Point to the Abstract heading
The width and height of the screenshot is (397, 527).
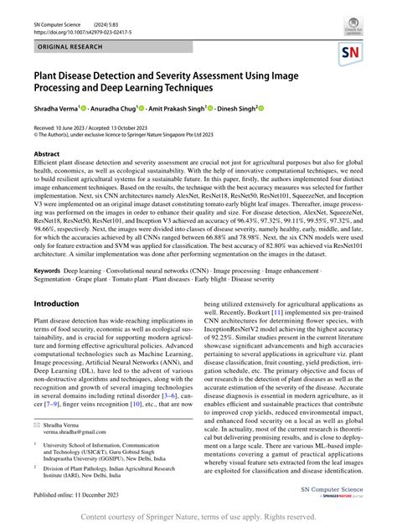(47, 155)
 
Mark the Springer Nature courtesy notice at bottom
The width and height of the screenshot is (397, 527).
(198, 517)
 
